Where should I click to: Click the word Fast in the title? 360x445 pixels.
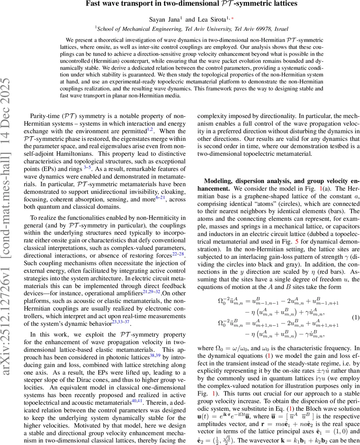point(92,4)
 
